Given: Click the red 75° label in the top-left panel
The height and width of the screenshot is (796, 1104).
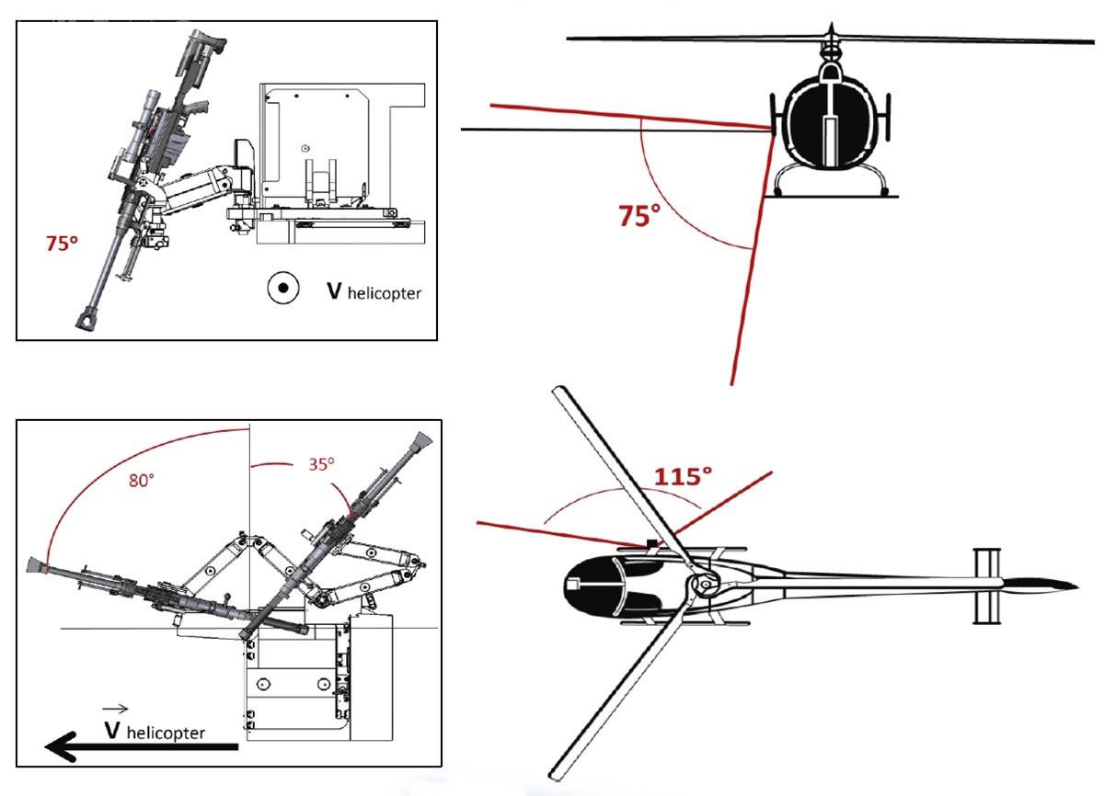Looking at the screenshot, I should pos(63,244).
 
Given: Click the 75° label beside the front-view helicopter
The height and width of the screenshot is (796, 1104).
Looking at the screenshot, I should pos(639,217).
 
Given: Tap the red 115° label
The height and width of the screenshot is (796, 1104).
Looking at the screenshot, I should pos(683,477).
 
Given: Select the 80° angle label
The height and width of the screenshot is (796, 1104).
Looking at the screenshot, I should pos(141,479).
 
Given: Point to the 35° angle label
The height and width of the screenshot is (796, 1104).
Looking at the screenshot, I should pos(320,463).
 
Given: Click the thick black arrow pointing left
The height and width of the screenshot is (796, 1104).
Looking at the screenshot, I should pos(138,745).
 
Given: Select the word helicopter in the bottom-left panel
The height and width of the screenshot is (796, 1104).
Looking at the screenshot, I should pos(166,733).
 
